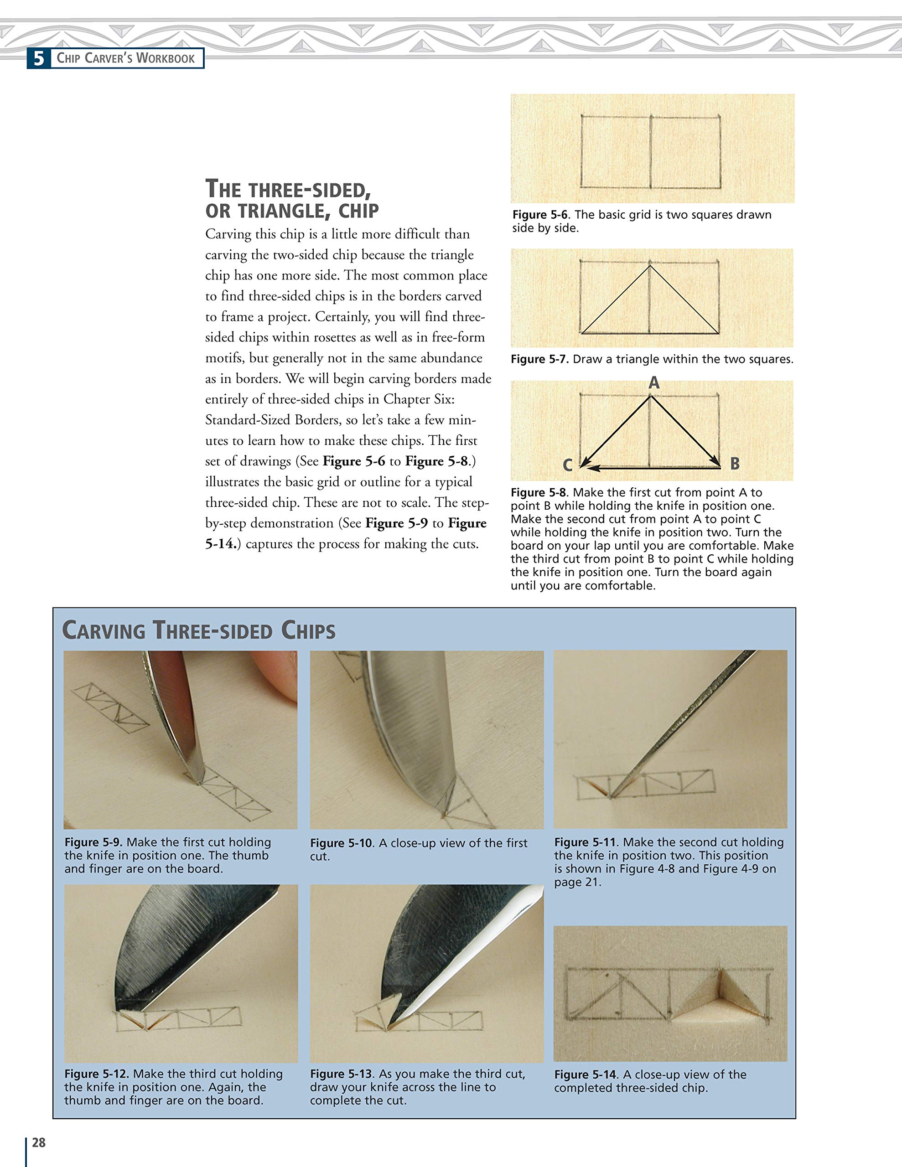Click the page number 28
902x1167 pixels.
point(38,1142)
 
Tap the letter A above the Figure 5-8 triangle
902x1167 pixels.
point(654,383)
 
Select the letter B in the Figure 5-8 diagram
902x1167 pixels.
point(735,463)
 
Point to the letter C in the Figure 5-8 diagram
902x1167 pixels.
point(568,465)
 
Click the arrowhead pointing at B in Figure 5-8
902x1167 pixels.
point(716,460)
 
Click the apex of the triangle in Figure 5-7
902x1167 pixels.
point(650,266)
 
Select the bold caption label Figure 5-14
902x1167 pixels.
point(586,1074)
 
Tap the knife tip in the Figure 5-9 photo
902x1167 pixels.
point(199,781)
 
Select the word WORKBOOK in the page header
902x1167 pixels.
point(166,58)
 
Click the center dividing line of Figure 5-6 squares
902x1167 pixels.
point(651,152)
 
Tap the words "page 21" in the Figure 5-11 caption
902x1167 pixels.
point(577,882)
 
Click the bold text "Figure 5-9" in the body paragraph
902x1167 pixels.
point(396,523)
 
